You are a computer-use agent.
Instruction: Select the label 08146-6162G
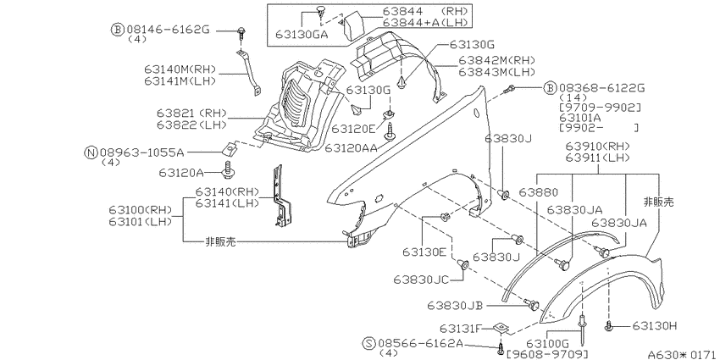[x=168, y=30]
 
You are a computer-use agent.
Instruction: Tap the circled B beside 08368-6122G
[x=550, y=88]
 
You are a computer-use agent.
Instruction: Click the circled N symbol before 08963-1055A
[x=91, y=152]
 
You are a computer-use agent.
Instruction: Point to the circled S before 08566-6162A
[x=368, y=343]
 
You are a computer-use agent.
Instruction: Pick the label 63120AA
[x=351, y=148]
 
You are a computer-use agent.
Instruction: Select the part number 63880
[x=539, y=191]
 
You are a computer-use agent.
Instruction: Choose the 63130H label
[x=654, y=325]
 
